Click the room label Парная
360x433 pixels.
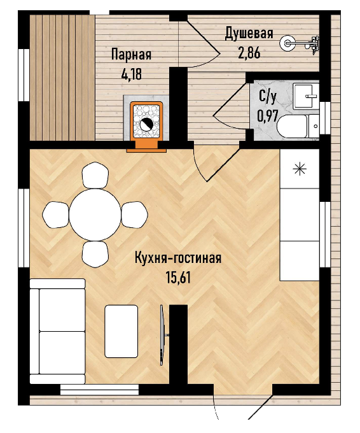(131, 55)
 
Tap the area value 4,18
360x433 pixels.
(131, 74)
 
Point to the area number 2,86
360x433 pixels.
(249, 53)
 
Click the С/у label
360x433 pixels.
(267, 98)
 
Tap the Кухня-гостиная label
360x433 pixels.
(178, 259)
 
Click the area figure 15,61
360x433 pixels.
(178, 277)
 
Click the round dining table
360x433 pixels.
(95, 215)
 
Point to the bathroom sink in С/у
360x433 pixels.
(305, 96)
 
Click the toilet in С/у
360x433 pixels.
(298, 126)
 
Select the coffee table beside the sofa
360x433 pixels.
(121, 331)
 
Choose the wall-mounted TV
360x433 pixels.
(163, 335)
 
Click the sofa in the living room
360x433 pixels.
(57, 331)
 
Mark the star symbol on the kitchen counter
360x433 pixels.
(300, 169)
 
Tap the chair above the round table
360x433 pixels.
(95, 176)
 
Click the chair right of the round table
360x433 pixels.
(134, 215)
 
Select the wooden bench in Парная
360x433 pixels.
(62, 77)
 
